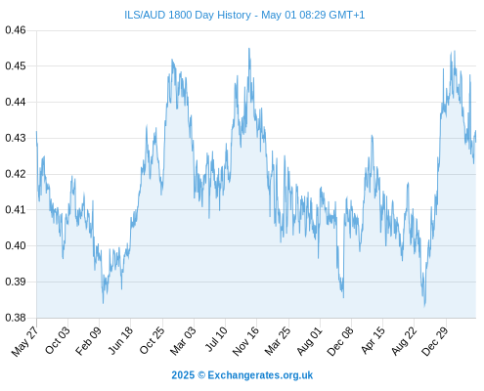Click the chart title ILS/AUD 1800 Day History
tap(188, 15)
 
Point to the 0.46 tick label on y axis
tap(16, 30)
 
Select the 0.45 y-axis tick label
tap(16, 66)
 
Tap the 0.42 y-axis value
tap(16, 174)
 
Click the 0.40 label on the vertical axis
tap(16, 245)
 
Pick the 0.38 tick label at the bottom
tap(16, 318)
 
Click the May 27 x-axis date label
tap(25, 341)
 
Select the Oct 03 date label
tap(58, 340)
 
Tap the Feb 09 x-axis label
tap(89, 341)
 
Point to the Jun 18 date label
tap(121, 340)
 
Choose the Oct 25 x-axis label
tap(152, 340)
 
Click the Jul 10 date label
tap(216, 339)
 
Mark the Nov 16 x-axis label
tap(245, 341)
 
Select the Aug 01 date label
tap(310, 341)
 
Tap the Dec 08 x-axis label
tap(340, 341)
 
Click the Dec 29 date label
tap(434, 341)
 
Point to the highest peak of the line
tap(249, 48)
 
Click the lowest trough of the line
tap(424, 306)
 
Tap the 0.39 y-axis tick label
tap(16, 282)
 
